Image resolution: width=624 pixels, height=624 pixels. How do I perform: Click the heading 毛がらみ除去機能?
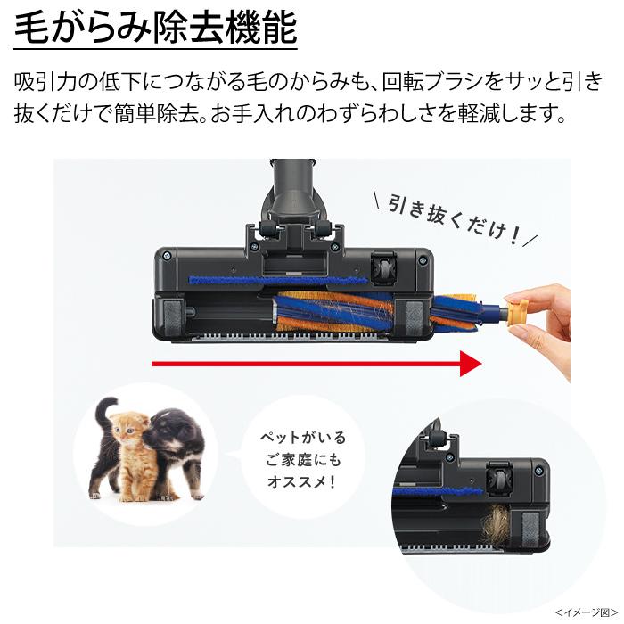pyautogui.click(x=155, y=29)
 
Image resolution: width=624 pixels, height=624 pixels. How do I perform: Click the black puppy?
pyautogui.click(x=174, y=441)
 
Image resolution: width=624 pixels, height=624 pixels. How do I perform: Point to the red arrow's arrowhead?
pyautogui.click(x=470, y=364)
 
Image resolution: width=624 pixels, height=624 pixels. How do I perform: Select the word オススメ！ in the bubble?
pyautogui.click(x=302, y=483)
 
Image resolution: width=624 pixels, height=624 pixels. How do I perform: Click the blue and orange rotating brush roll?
pyautogui.click(x=374, y=312)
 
